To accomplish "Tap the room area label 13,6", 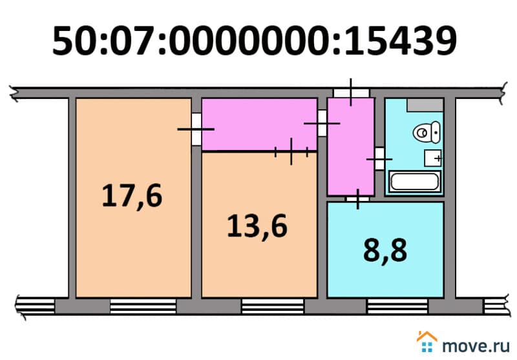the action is [257, 227].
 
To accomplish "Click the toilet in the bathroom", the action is [427, 132].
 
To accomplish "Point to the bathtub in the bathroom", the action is [415, 182].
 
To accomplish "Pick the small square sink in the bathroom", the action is [432, 158].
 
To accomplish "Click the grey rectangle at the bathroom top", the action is [425, 105].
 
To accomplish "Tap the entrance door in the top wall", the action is [351, 92].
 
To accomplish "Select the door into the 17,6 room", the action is [196, 129].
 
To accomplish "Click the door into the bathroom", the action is [379, 159].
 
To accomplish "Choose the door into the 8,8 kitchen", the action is [358, 199].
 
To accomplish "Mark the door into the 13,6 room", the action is [291, 152].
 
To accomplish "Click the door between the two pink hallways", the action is [322, 123].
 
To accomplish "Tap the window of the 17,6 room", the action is [143, 306].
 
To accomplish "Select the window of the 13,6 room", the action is [273, 306].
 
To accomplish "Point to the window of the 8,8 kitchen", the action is [397, 306].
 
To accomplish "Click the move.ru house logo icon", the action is [427, 341].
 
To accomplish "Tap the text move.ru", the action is [476, 346].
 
